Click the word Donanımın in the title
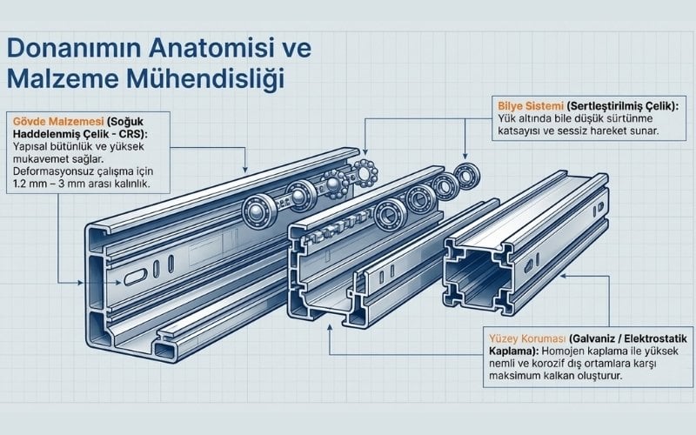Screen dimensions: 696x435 tap(73, 48)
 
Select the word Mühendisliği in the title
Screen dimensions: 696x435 tap(205, 79)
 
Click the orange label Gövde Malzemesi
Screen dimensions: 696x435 tap(58, 121)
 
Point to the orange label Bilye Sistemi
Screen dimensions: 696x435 tap(531, 106)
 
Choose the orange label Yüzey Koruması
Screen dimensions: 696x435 tap(527, 338)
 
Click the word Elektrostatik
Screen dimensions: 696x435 tap(656, 338)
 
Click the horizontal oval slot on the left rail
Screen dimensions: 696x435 tap(136, 277)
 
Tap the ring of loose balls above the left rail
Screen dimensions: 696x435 tap(365, 172)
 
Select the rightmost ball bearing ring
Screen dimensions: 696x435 tap(467, 175)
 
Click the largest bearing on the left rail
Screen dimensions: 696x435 tap(259, 211)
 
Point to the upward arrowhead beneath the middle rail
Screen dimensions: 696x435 tap(330, 328)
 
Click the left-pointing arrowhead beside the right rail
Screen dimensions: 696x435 tap(563, 276)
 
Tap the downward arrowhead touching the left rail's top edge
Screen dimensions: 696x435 tap(245, 169)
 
